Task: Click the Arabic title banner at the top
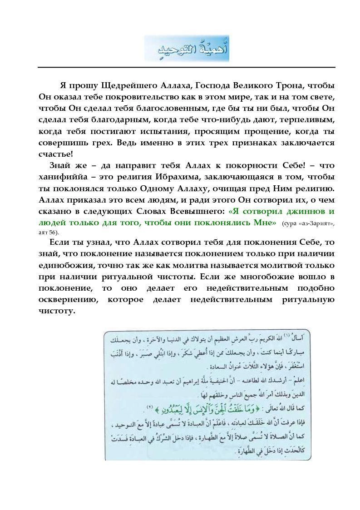click(x=187, y=49)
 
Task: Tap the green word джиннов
click(x=302, y=211)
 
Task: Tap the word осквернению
click(x=65, y=299)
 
